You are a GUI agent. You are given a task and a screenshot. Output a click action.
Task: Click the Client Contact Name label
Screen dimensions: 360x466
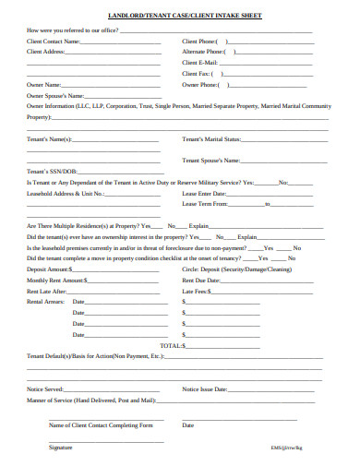[53, 42]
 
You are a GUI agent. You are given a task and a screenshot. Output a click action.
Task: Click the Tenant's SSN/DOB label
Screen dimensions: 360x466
[51, 172]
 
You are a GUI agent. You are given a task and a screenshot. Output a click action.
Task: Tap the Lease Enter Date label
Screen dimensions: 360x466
[204, 195]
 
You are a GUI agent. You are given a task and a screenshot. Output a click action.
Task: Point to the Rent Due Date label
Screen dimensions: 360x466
[200, 280]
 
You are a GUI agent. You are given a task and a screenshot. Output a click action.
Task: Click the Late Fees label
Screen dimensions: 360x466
[194, 291]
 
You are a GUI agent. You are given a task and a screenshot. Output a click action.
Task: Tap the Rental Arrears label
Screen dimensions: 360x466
[43, 302]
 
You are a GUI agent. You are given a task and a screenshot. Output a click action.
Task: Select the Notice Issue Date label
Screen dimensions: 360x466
[205, 389]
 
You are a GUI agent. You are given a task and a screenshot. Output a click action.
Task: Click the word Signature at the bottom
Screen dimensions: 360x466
[60, 447]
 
